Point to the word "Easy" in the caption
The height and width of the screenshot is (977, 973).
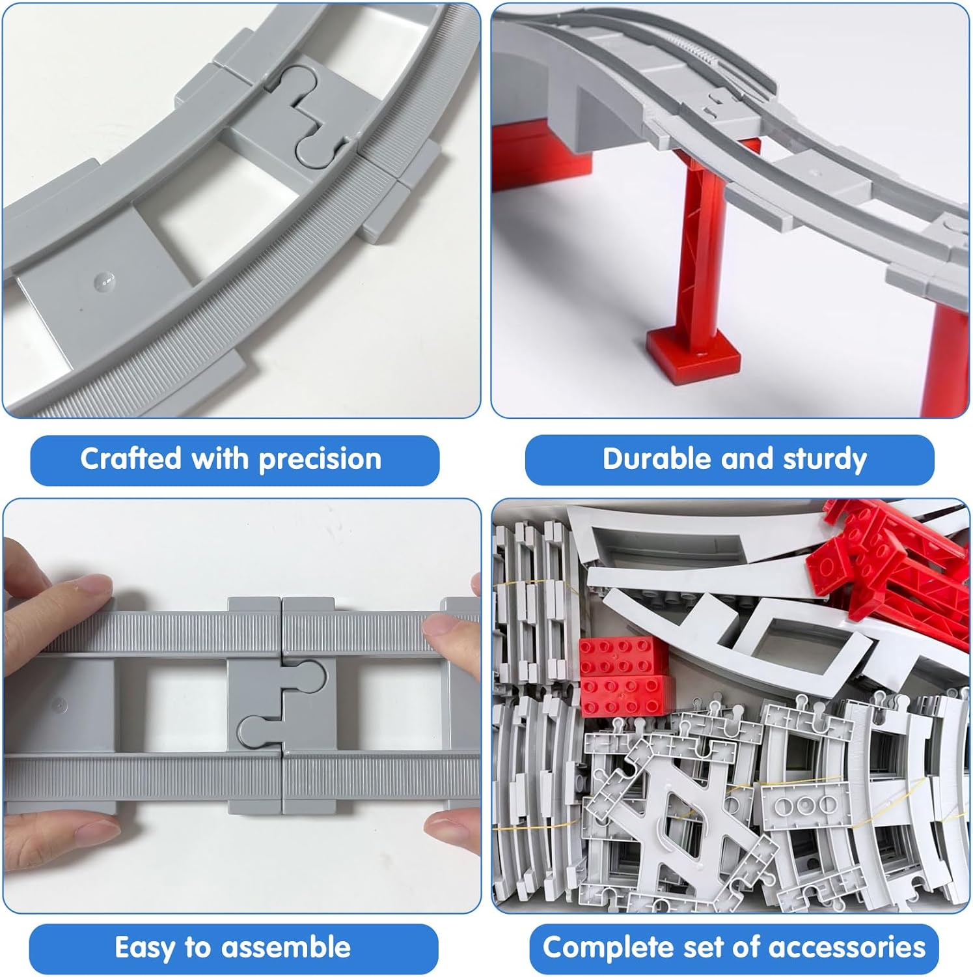point(145,948)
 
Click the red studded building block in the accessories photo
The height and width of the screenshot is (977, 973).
point(624,677)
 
